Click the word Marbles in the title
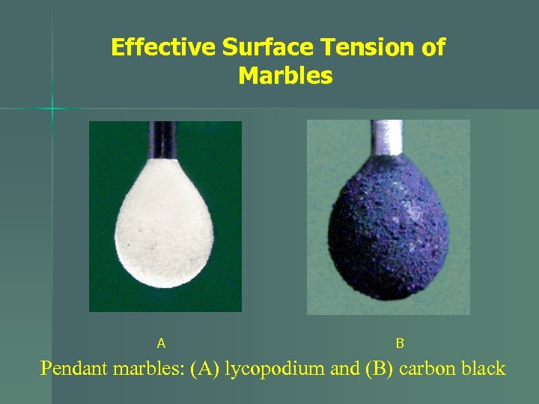click(285, 76)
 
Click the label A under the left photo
click(161, 343)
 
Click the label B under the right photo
click(400, 343)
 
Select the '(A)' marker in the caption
click(205, 369)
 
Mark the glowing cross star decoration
click(52, 109)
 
